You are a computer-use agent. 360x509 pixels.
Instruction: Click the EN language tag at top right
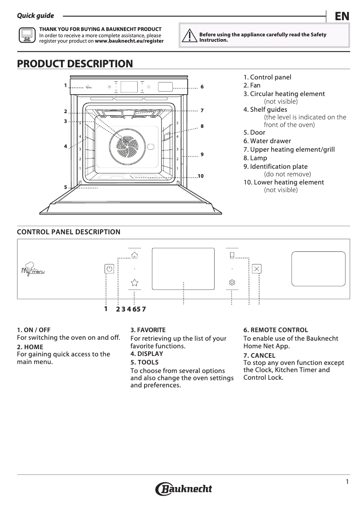pyautogui.click(x=342, y=16)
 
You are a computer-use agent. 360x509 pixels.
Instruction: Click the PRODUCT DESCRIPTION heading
pyautogui.click(x=75, y=64)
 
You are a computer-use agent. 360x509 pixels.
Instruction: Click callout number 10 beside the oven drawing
pyautogui.click(x=201, y=176)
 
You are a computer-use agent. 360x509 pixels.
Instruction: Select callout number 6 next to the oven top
pyautogui.click(x=202, y=86)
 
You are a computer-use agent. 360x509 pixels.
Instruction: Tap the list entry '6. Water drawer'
pyautogui.click(x=267, y=141)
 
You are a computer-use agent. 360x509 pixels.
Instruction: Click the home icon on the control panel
pyautogui.click(x=134, y=255)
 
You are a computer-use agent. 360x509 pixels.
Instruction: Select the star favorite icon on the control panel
pyautogui.click(x=134, y=282)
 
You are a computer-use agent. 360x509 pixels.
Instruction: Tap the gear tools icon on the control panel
pyautogui.click(x=232, y=282)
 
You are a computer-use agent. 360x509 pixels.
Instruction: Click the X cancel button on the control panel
pyautogui.click(x=257, y=269)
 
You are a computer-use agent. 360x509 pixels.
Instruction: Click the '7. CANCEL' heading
pyautogui.click(x=259, y=355)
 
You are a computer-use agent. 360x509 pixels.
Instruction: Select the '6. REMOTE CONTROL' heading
pyautogui.click(x=276, y=330)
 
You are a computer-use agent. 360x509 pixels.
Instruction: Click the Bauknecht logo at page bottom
pyautogui.click(x=184, y=489)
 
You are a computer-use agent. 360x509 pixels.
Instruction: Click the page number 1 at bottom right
pyautogui.click(x=347, y=482)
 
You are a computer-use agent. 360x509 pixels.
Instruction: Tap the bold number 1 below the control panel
pyautogui.click(x=106, y=308)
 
